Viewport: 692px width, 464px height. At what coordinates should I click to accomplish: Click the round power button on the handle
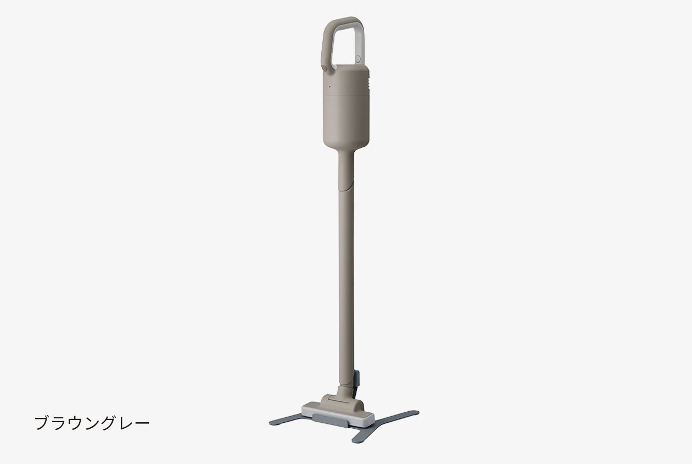(358, 59)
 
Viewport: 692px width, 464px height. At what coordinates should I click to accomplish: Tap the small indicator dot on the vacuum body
(330, 87)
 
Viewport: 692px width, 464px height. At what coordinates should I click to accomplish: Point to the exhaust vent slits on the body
(370, 83)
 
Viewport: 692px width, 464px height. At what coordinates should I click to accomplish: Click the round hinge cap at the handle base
(325, 68)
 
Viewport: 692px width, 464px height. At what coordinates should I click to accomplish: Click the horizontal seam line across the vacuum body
(346, 96)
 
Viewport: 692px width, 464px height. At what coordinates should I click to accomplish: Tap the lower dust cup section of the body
(346, 122)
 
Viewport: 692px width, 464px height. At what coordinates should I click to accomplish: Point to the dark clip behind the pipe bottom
(356, 382)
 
